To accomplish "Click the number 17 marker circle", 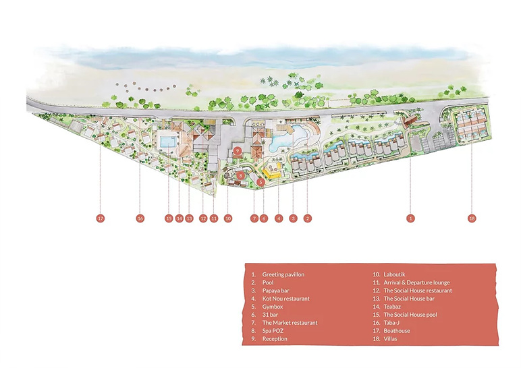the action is point(101,218).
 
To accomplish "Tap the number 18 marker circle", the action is point(472,218).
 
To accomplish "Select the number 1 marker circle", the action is point(411,218).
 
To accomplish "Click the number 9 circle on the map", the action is point(238,151).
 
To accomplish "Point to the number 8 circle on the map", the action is point(241,175).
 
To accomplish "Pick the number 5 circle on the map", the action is point(260,182).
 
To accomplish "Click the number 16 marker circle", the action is point(140,218).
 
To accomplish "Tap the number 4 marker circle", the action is point(279,218).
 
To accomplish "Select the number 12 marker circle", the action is point(203,218).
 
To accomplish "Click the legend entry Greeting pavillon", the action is point(283,274).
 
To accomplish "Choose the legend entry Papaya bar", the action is point(276,290).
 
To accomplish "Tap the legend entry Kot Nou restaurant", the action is point(285,299).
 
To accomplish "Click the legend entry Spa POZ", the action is point(273,331).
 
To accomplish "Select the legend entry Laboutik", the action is point(394,274).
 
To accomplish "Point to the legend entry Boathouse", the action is point(397,331).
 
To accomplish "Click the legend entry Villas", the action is point(391,339).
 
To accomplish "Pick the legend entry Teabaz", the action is point(392,307).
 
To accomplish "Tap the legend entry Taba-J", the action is point(391,323).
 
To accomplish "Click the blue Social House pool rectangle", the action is point(169,142).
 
